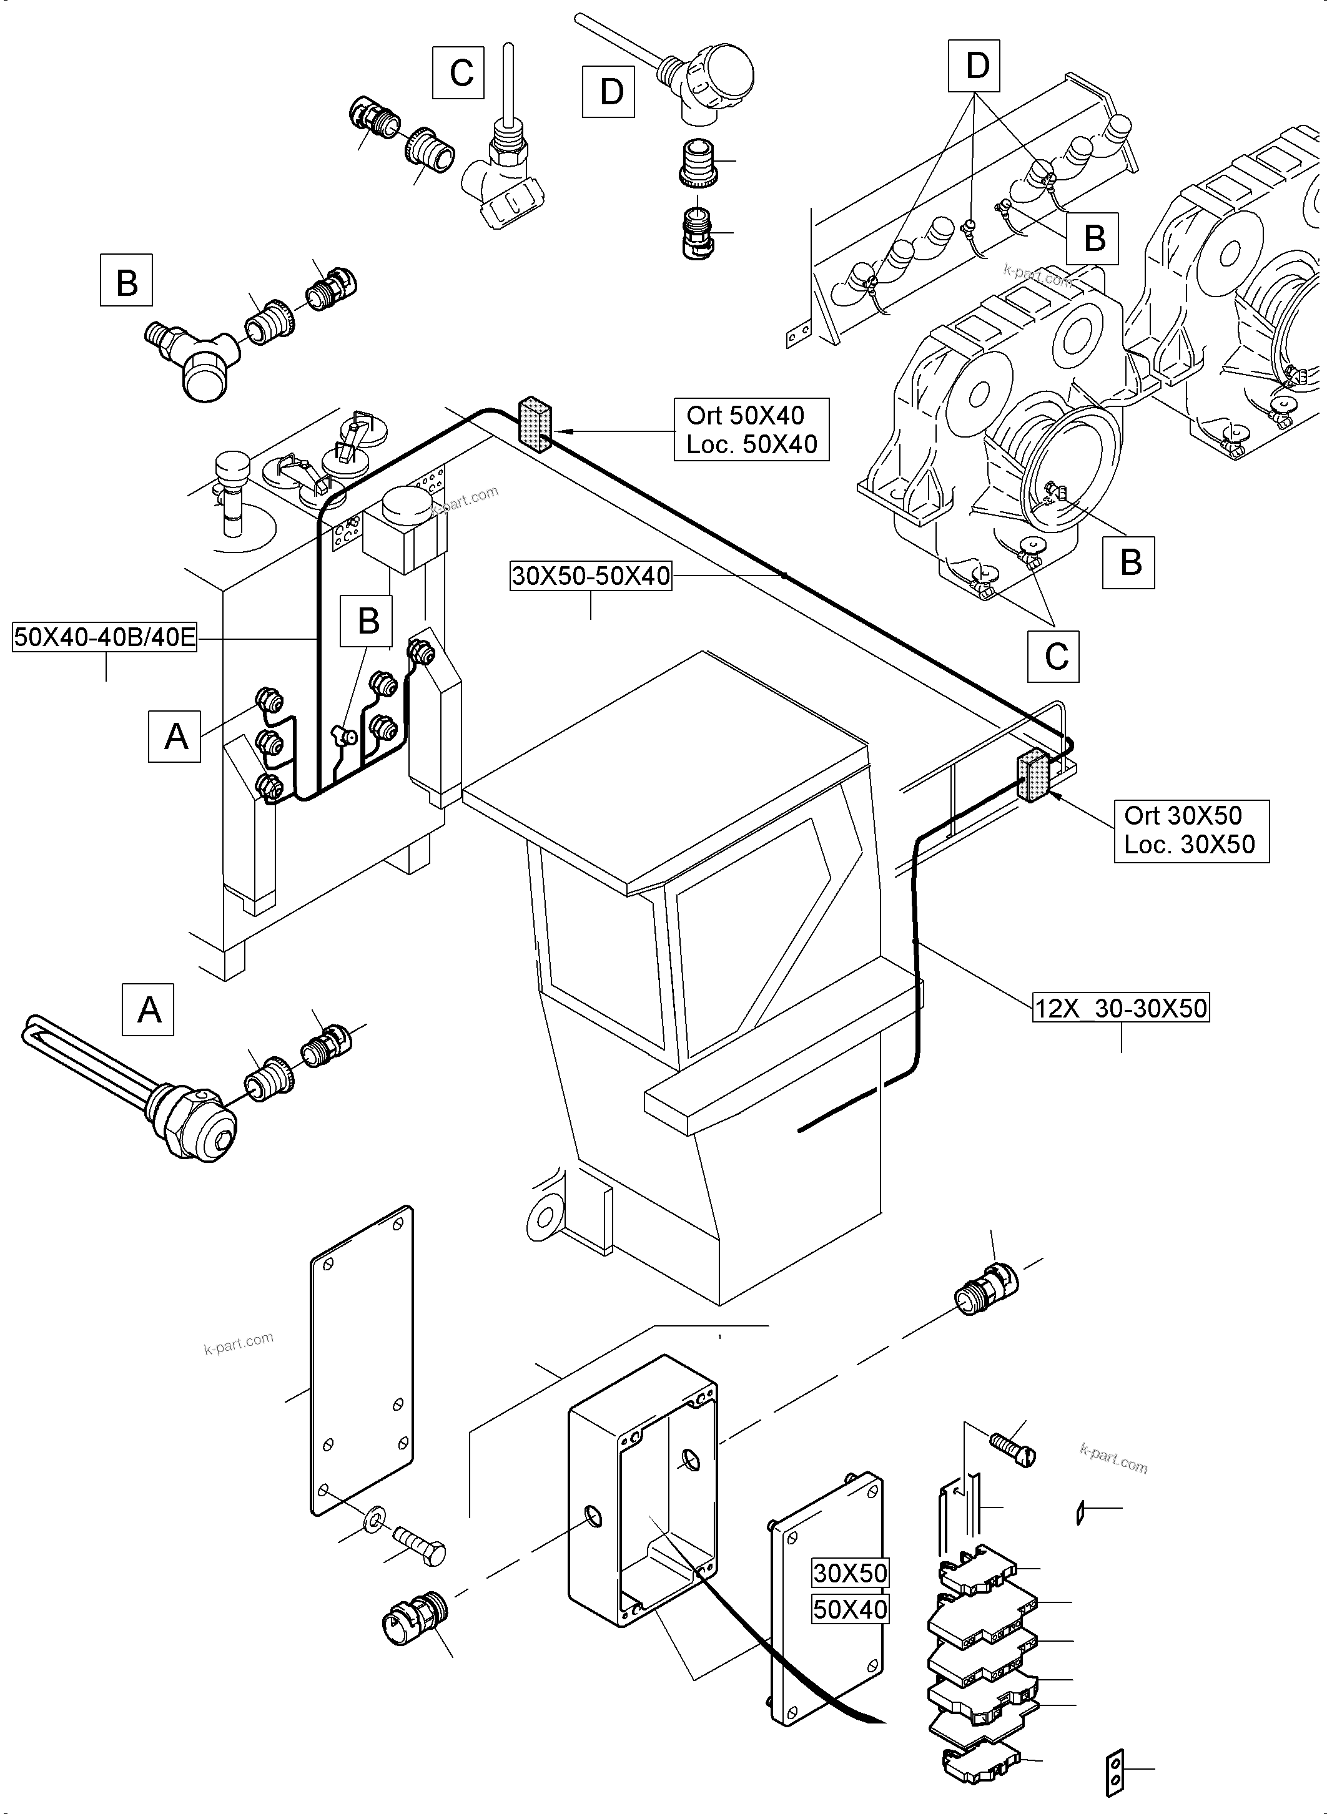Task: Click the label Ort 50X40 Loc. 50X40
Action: point(751,429)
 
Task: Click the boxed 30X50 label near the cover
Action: point(850,1572)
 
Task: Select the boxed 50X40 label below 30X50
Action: point(850,1609)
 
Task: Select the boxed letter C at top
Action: point(458,73)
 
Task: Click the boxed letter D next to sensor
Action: point(609,92)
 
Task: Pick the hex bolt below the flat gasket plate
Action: point(419,1546)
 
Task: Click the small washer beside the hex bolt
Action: point(373,1520)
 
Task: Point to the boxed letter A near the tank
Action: point(174,735)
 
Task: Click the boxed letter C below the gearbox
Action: point(1055,657)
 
